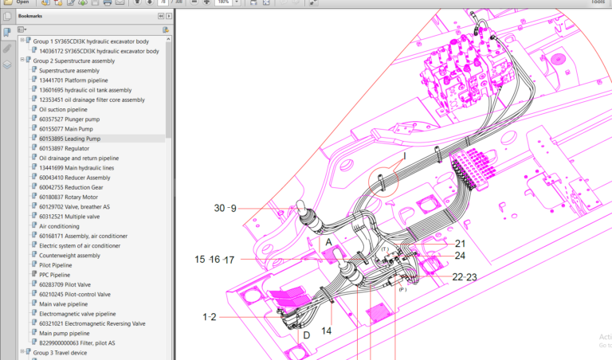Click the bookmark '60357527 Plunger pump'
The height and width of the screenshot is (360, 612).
tap(70, 119)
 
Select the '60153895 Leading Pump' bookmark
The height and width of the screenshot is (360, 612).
tap(69, 139)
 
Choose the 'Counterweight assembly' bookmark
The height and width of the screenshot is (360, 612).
tap(70, 255)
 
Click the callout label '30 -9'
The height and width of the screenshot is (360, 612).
tap(226, 209)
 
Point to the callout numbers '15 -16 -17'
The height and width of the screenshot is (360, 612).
tap(215, 260)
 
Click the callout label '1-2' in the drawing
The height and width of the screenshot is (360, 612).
tap(210, 317)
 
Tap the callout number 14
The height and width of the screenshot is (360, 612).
tap(327, 330)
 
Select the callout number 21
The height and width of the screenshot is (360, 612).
tap(460, 244)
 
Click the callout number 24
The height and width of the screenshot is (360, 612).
tap(460, 256)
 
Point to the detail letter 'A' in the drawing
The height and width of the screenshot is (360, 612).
tap(327, 241)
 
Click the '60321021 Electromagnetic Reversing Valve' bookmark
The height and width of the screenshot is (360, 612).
tap(92, 323)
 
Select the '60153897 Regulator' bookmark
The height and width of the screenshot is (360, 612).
tap(66, 148)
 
